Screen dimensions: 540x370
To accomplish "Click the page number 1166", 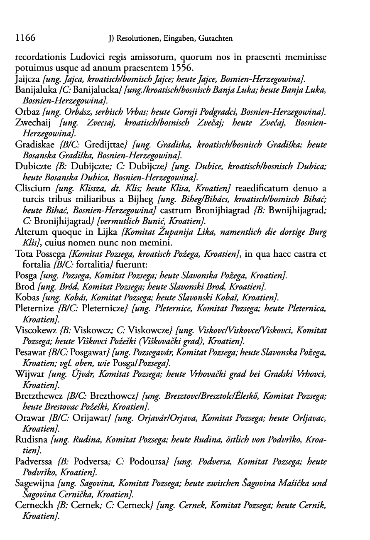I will (25, 38).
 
